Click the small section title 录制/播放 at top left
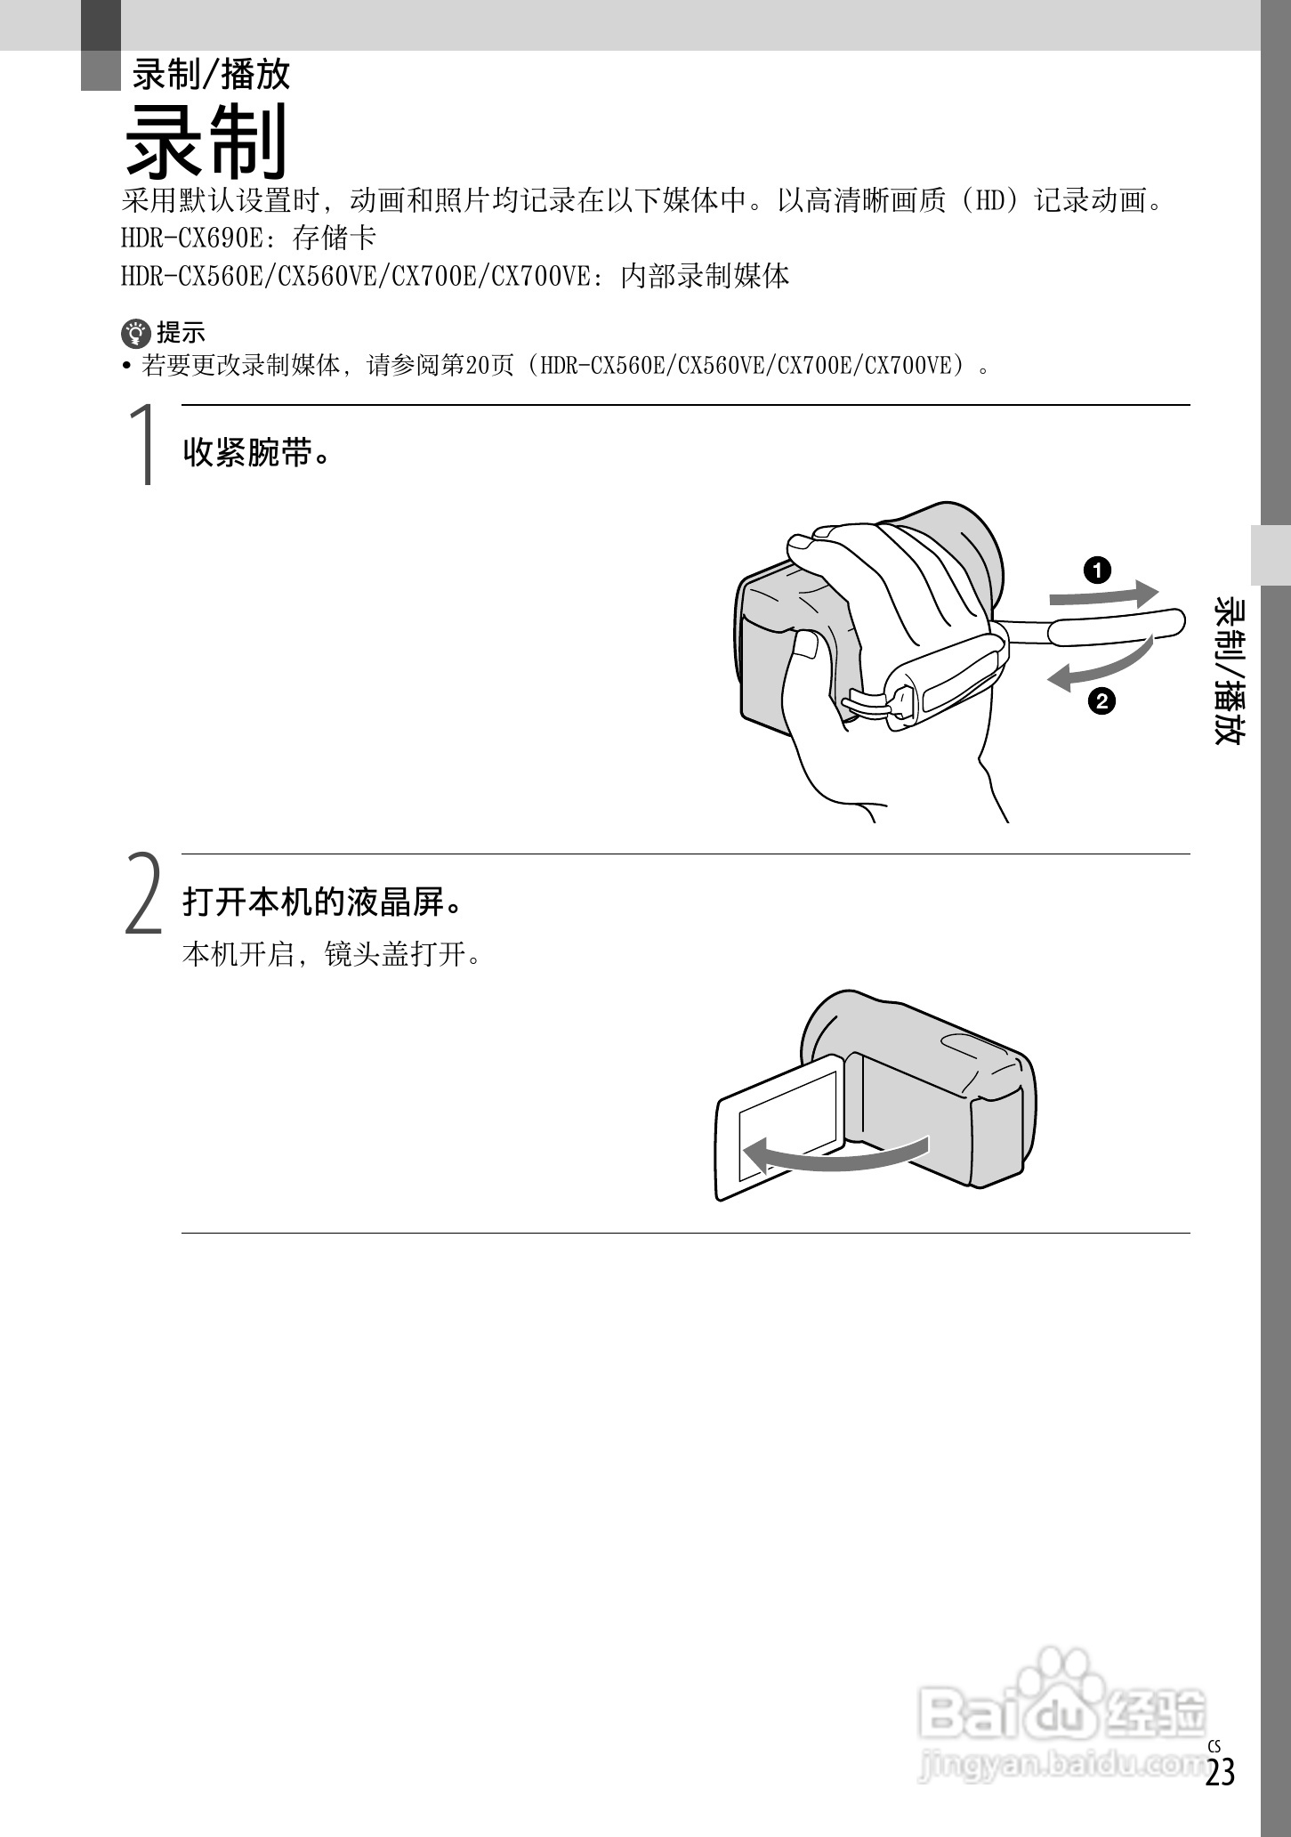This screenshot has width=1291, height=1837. (212, 74)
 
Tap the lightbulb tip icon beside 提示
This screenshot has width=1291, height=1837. (135, 334)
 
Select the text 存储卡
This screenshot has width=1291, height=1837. (335, 238)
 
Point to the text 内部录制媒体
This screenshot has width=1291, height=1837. (705, 276)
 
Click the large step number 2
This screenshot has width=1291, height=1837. (143, 894)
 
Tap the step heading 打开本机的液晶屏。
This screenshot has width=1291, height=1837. (324, 902)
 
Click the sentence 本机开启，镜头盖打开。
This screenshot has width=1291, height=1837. (331, 955)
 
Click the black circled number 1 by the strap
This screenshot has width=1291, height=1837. (1098, 570)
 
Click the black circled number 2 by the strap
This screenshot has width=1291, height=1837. (1101, 701)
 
